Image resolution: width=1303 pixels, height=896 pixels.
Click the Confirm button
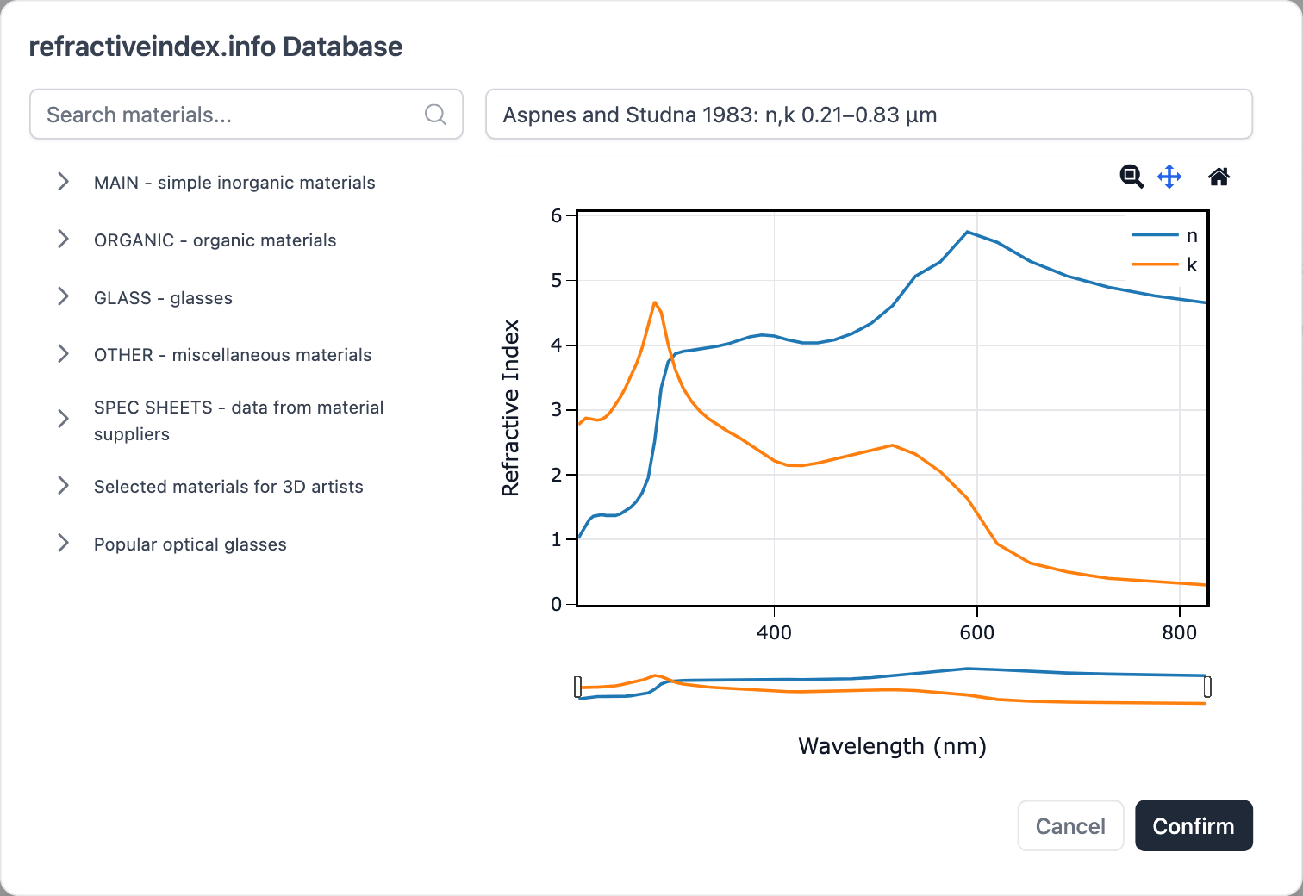pyautogui.click(x=1193, y=825)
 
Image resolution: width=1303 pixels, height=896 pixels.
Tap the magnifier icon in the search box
pyautogui.click(x=435, y=115)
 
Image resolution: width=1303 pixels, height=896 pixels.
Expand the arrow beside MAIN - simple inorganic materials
pyautogui.click(x=63, y=181)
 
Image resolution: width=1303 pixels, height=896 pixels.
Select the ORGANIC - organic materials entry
pyautogui.click(x=215, y=240)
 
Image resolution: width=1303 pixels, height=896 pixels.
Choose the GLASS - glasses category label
pyautogui.click(x=163, y=298)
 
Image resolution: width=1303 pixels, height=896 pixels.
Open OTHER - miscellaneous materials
pyautogui.click(x=233, y=355)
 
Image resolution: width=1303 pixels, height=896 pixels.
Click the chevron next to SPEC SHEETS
pyautogui.click(x=63, y=419)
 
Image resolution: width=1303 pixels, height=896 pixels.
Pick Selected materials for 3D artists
pyautogui.click(x=228, y=487)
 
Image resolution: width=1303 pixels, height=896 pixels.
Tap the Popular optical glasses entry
pyautogui.click(x=190, y=544)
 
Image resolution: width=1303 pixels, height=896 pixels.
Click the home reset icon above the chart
pyautogui.click(x=1219, y=177)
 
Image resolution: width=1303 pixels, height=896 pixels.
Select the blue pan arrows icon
pyautogui.click(x=1169, y=177)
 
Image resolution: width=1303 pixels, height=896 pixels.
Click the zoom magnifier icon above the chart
pyautogui.click(x=1132, y=177)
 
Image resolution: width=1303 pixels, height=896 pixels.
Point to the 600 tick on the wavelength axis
pyautogui.click(x=976, y=632)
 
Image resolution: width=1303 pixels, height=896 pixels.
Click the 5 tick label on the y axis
pyautogui.click(x=556, y=281)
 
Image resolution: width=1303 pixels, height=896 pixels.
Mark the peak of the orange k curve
pyautogui.click(x=655, y=302)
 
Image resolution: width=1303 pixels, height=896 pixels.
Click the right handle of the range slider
pyautogui.click(x=1207, y=687)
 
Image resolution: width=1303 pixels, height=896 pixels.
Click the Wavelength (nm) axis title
pyautogui.click(x=892, y=746)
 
